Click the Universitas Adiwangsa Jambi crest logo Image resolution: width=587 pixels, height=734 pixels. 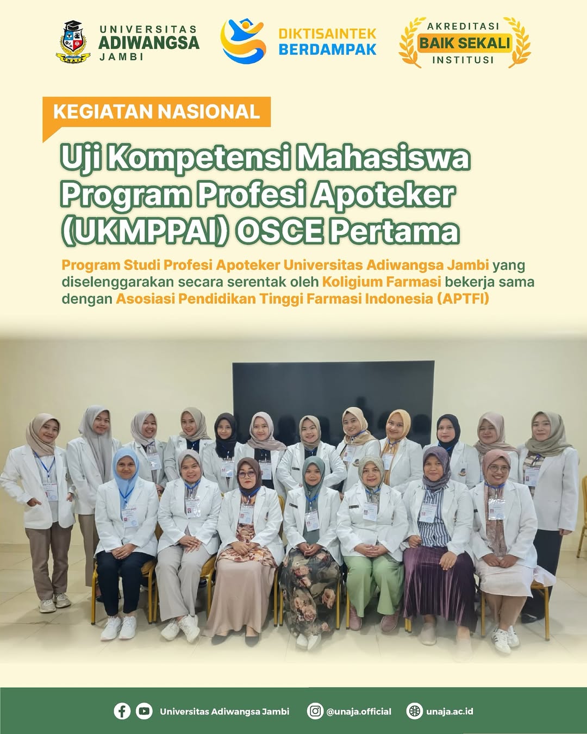[73, 42]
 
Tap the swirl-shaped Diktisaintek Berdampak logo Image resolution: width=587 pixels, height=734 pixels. [243, 41]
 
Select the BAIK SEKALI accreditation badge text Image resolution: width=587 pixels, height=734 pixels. [465, 43]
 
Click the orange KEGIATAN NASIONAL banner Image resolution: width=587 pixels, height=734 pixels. [157, 112]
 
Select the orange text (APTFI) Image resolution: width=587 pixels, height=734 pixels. [463, 299]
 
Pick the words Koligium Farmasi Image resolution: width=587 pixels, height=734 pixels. [382, 282]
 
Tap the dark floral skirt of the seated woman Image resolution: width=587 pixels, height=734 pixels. [310, 594]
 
